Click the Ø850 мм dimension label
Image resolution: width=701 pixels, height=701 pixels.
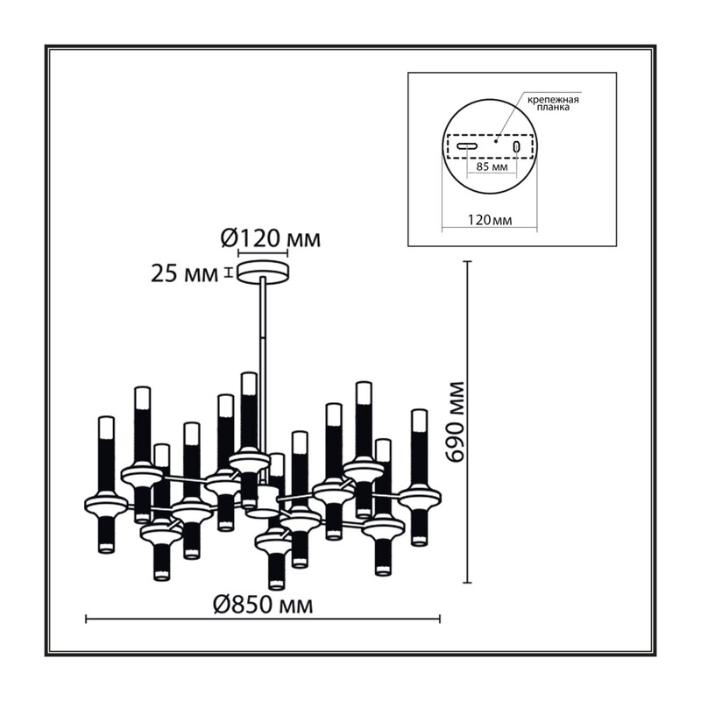click(x=263, y=605)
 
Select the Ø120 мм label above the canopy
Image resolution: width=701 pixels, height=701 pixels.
click(x=271, y=238)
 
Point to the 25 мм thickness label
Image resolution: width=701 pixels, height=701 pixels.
click(x=184, y=273)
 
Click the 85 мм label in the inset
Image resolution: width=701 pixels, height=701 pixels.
click(x=492, y=167)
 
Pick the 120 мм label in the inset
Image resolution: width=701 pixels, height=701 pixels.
click(x=490, y=220)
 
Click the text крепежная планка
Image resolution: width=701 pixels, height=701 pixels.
click(x=553, y=103)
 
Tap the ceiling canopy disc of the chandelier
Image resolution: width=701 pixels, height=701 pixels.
click(x=264, y=272)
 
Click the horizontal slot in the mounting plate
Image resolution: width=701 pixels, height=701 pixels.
click(x=467, y=145)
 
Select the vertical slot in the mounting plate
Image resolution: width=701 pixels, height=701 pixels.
click(x=517, y=146)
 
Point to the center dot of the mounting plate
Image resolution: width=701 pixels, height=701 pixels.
click(x=495, y=141)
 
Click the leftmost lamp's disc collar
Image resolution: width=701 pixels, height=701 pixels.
click(x=106, y=504)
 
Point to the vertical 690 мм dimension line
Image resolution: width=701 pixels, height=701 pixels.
click(x=468, y=421)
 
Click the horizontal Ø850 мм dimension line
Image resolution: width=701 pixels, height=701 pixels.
click(x=263, y=620)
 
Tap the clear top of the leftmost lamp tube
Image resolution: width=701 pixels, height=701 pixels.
click(x=106, y=428)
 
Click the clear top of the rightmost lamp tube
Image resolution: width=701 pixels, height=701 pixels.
click(x=420, y=421)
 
